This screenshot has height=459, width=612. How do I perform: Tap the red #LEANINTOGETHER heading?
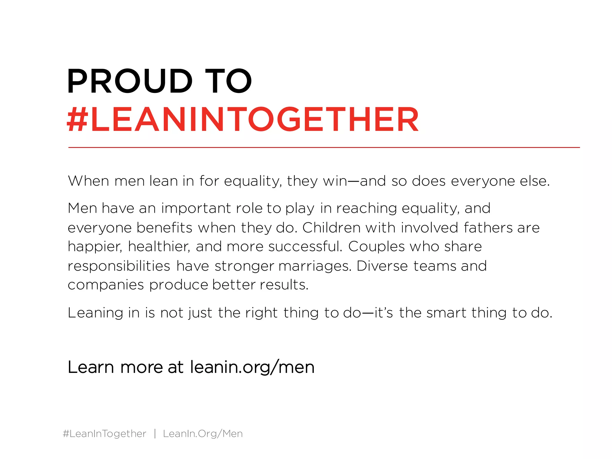[243, 120]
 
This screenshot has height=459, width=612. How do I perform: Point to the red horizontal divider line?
[324, 147]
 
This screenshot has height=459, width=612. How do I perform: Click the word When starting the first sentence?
[88, 181]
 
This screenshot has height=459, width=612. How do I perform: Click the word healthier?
[159, 247]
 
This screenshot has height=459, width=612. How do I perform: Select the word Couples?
[376, 247]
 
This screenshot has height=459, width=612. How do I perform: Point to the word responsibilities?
[119, 266]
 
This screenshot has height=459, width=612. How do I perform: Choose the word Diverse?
[382, 266]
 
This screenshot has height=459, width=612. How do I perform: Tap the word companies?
[106, 285]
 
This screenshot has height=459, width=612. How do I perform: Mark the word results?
[284, 285]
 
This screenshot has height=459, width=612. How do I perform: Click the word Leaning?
[95, 313]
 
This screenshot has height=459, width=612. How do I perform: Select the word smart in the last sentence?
[446, 313]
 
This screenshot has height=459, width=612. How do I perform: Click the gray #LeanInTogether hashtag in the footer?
[105, 434]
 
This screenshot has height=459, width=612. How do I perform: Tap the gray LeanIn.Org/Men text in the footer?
[203, 434]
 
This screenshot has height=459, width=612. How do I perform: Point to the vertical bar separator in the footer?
[155, 434]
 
